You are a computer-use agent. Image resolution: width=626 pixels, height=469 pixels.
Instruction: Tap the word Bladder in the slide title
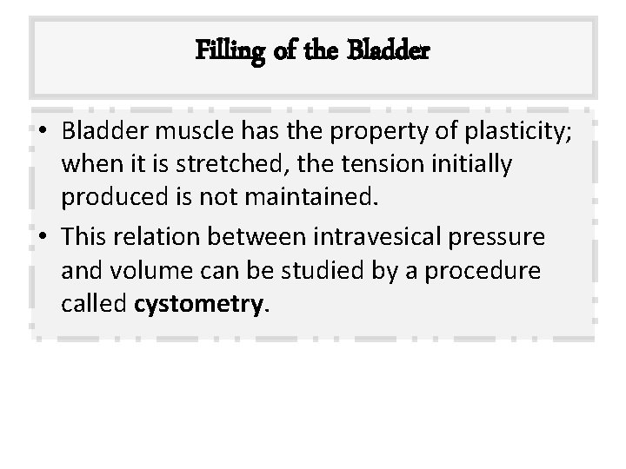pyautogui.click(x=389, y=51)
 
